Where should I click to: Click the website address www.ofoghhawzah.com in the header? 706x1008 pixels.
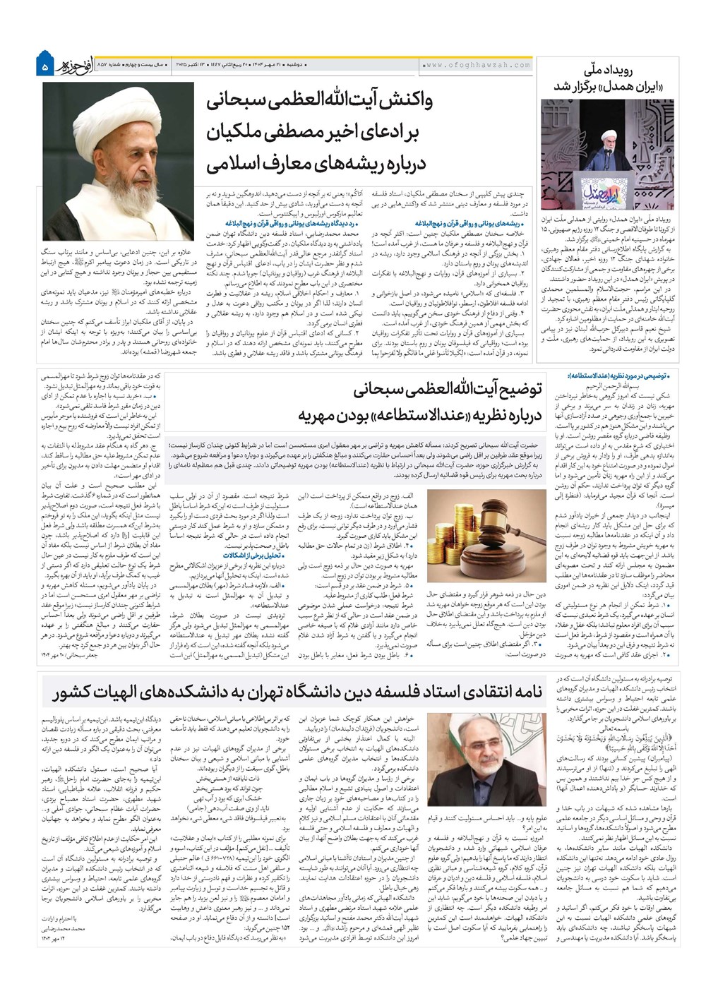tap(477, 65)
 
